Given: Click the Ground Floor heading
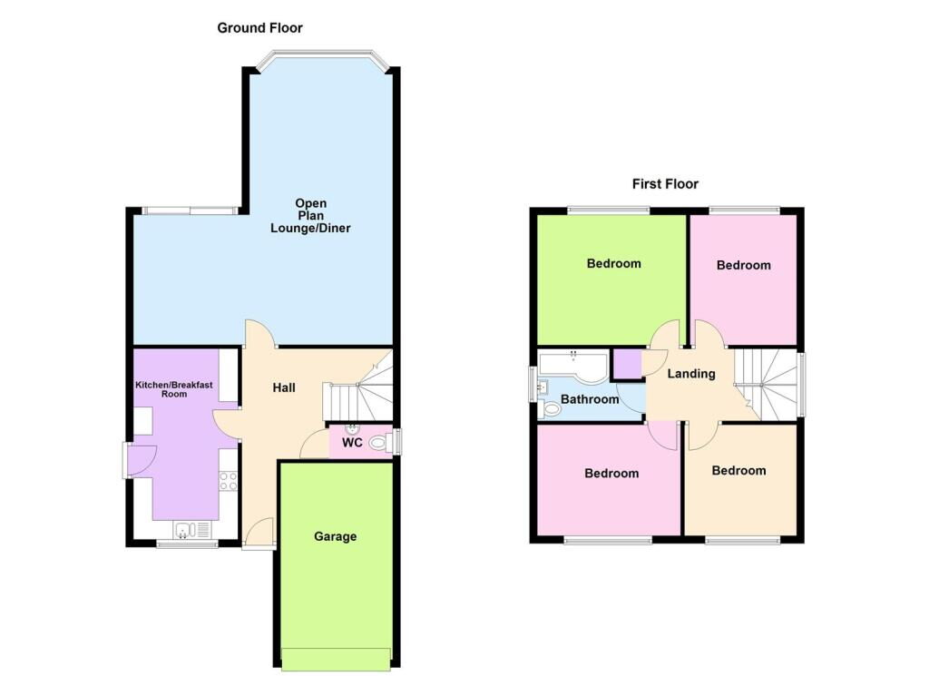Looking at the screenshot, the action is point(259,28).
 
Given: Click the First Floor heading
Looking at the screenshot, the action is point(665,184).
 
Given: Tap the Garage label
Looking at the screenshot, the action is point(336,537).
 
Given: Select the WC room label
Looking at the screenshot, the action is point(352,443).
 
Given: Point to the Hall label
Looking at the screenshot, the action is point(284,388).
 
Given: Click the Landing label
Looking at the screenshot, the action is point(690,374).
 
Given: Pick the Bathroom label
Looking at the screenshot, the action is point(590,399).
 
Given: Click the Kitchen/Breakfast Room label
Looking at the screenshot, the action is point(173,389).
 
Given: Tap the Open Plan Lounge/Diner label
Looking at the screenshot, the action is point(310,216).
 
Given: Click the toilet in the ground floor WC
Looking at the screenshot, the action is point(378,442).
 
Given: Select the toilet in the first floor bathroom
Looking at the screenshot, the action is point(550,408).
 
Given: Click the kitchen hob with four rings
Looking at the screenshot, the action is point(229,481).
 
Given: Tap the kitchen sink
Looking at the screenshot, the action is point(192,530).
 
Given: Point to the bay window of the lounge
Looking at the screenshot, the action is point(322,61).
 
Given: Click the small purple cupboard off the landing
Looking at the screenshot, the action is point(628,364).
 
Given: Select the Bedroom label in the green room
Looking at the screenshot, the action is point(614,264).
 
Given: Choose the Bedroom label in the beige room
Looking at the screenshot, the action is point(738,471).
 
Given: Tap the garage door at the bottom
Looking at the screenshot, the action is point(336,660).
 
